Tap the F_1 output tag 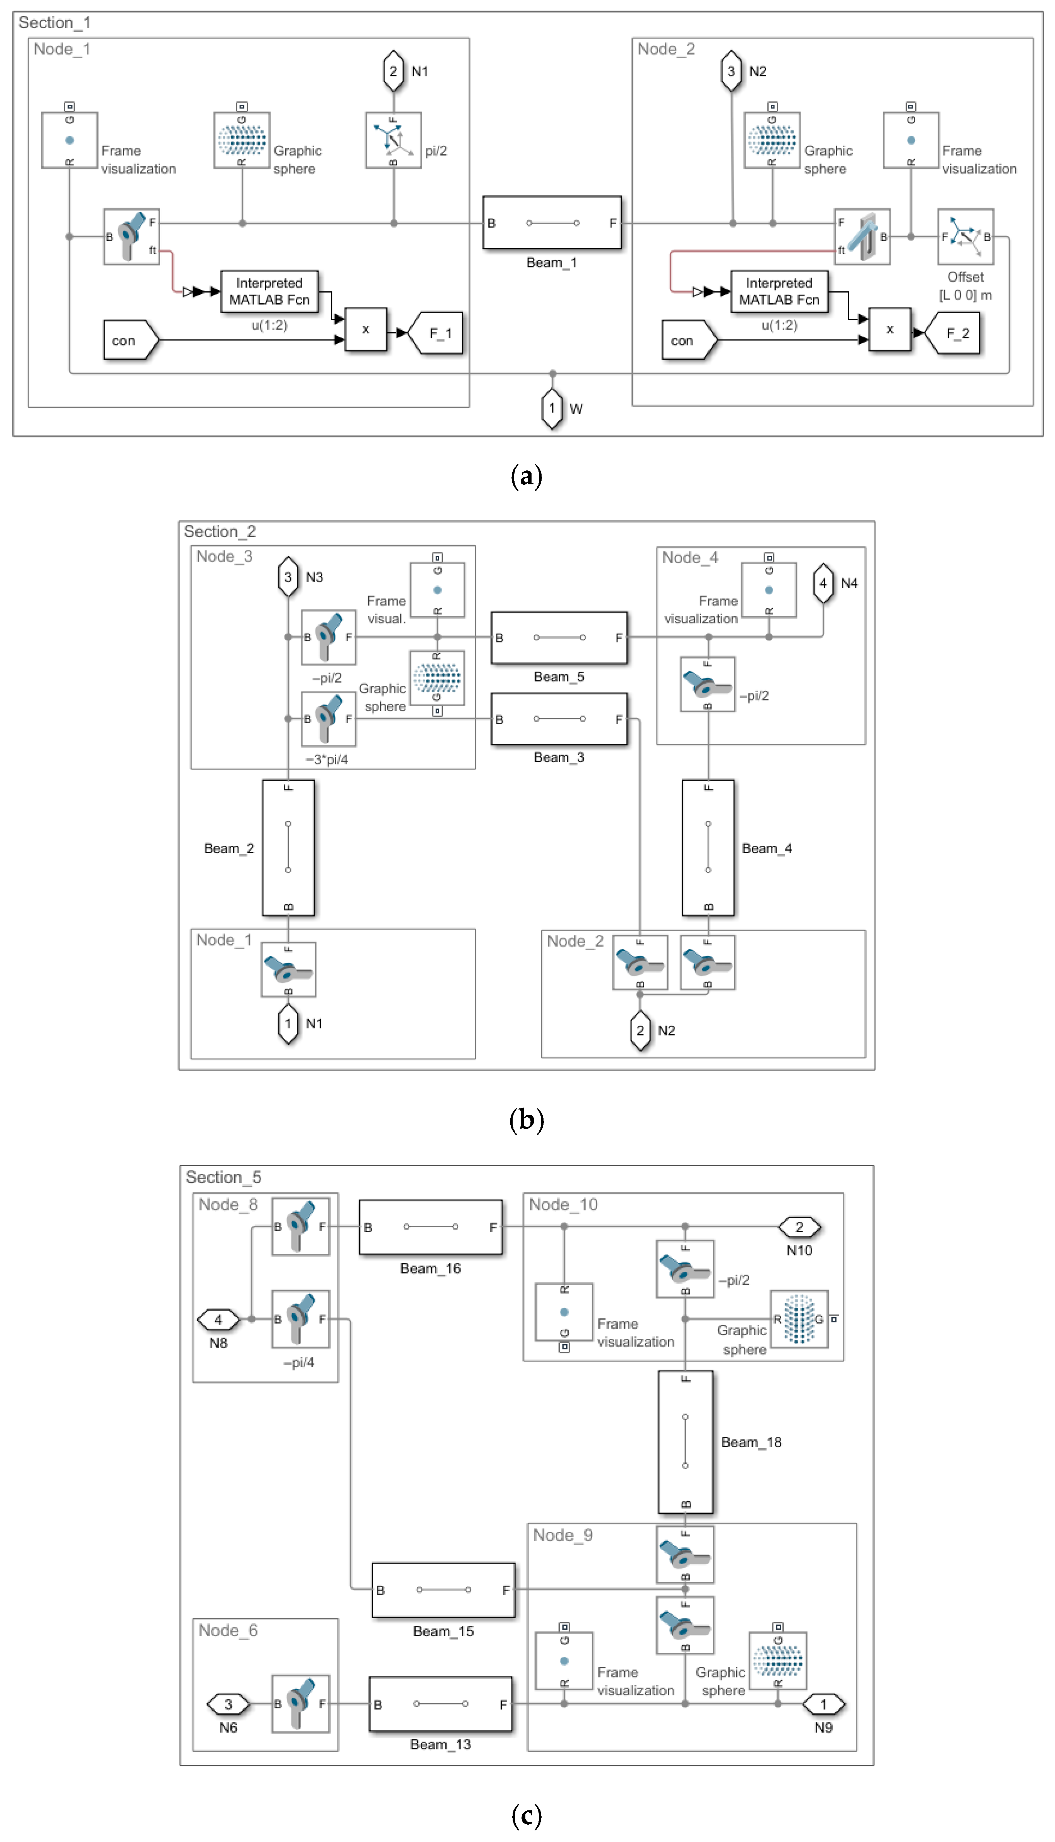437,333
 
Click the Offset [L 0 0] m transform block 965,237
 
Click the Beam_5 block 559,638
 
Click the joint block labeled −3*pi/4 328,719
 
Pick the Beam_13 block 440,1704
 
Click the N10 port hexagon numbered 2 799,1226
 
